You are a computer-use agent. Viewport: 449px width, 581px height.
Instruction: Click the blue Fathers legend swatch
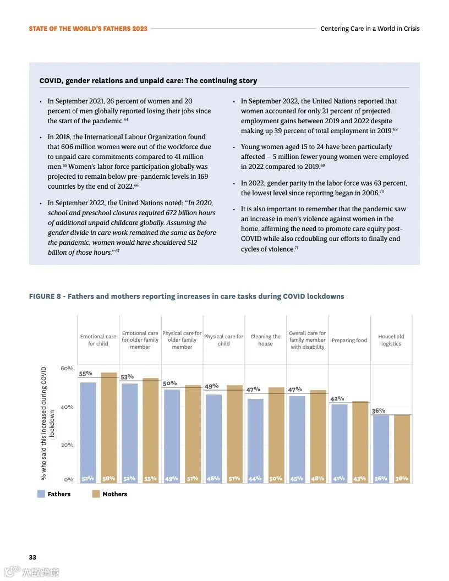coord(41,494)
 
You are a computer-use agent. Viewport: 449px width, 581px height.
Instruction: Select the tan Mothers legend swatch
coord(96,494)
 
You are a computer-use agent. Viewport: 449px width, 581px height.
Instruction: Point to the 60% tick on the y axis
coord(67,369)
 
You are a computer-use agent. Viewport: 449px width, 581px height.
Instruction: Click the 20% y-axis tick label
coord(67,445)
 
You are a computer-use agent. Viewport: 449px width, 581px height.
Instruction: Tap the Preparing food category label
coord(349,341)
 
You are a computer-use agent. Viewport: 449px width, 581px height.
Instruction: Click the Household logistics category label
coord(391,340)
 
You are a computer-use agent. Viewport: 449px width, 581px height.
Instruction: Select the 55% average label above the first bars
coord(86,374)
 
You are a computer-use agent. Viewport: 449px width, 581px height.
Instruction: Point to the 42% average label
coord(337,398)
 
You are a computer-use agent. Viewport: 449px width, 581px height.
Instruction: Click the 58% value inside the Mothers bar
coord(108,479)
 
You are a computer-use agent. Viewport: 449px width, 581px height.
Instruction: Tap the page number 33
coord(32,557)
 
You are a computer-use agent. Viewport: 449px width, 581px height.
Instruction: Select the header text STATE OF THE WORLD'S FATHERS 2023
coord(88,29)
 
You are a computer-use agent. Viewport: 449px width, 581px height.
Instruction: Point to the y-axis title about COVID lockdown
coord(48,423)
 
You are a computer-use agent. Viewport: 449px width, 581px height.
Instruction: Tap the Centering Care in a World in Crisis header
coord(370,29)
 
